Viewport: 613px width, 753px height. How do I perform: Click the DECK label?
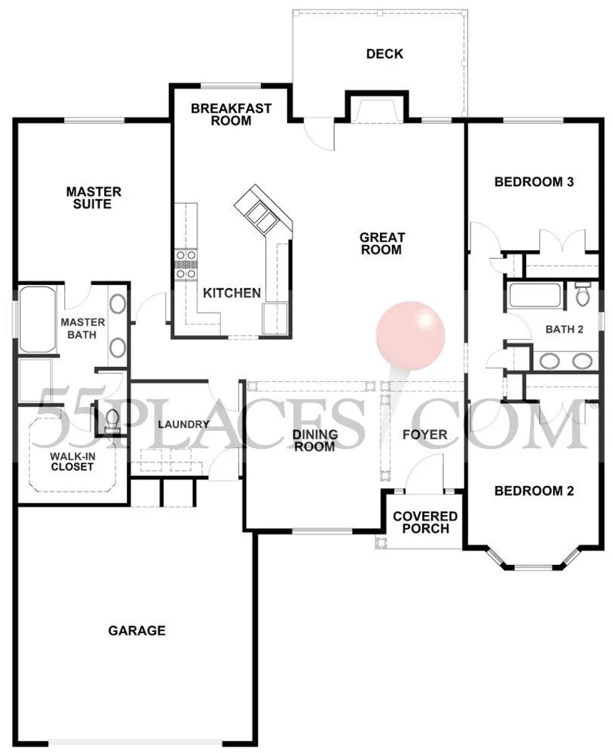click(x=384, y=54)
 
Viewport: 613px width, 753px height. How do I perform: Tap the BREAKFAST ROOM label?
click(x=231, y=114)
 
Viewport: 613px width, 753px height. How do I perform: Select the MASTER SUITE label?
click(x=93, y=198)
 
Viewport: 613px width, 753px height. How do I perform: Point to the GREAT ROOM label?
click(x=382, y=244)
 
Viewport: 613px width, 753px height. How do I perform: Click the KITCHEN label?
click(x=232, y=293)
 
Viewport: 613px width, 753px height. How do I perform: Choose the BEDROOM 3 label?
click(x=534, y=182)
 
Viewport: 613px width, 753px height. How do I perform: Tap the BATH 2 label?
click(x=564, y=329)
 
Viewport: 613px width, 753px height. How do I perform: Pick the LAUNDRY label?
click(x=183, y=425)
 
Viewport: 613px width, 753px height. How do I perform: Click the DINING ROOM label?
click(x=315, y=440)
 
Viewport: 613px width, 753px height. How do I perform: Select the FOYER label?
click(x=425, y=435)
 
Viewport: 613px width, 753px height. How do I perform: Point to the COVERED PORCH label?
click(x=425, y=522)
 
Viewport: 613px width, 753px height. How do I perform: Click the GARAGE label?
click(x=137, y=630)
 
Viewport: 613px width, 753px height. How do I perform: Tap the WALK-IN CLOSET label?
click(x=72, y=462)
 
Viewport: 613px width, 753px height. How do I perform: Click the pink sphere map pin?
click(x=411, y=336)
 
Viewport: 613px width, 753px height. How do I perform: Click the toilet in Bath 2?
click(x=583, y=294)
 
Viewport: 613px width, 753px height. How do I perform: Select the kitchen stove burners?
click(x=185, y=264)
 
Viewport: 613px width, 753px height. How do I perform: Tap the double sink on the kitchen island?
click(x=259, y=213)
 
